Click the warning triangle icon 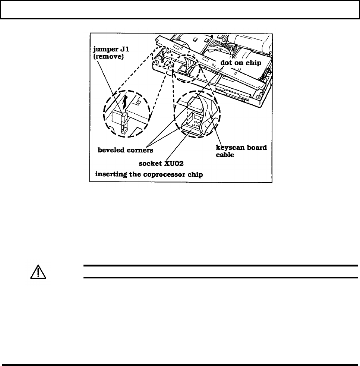[x=38, y=272]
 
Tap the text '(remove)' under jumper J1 [x=108, y=57]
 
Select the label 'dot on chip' [x=241, y=63]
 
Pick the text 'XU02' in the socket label [x=174, y=163]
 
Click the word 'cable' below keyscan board [x=225, y=155]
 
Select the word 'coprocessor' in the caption [x=169, y=174]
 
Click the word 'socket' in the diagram [x=151, y=163]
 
